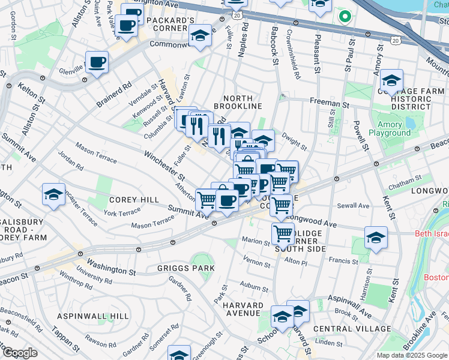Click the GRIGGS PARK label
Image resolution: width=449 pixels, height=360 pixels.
(x=184, y=268)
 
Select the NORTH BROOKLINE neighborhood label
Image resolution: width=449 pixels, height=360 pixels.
(x=243, y=101)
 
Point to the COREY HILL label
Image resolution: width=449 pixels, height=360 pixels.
(x=134, y=199)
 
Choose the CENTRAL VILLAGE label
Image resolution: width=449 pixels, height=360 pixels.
(x=352, y=329)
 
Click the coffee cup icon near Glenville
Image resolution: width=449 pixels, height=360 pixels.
(x=96, y=62)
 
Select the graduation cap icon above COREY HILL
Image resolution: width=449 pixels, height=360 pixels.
(x=53, y=194)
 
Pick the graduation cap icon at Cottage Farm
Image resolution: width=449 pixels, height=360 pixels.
(x=391, y=80)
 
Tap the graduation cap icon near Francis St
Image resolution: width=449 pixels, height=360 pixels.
(x=376, y=238)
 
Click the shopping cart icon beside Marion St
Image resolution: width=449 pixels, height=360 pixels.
(x=283, y=233)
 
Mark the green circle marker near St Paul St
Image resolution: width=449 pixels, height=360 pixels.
(x=344, y=16)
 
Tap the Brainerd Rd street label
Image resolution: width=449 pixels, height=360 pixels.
(x=113, y=95)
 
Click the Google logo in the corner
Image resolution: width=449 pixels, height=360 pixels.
(x=20, y=352)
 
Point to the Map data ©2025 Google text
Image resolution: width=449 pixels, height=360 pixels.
(x=411, y=355)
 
